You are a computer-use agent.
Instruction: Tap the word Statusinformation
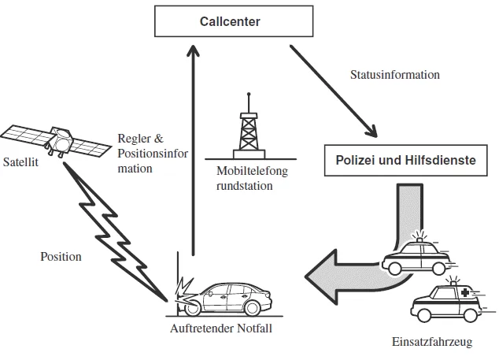394,75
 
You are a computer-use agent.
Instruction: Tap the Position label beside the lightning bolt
60,256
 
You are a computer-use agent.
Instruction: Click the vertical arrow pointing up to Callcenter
192,150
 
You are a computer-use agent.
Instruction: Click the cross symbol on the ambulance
465,294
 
